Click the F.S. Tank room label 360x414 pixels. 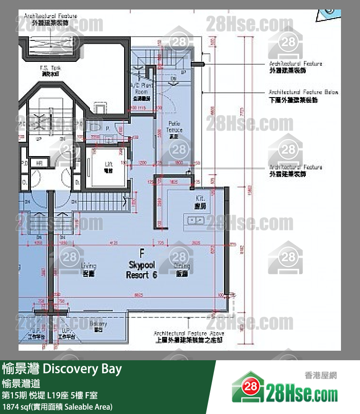coord(49,71)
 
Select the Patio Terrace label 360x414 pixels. coord(175,129)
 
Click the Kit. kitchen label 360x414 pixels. coord(200,201)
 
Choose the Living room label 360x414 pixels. coord(88,269)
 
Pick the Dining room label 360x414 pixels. coord(182,269)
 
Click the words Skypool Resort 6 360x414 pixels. coord(141,269)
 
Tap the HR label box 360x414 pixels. coord(40,163)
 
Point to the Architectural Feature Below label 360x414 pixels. coord(303,95)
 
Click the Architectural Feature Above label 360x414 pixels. coord(189,337)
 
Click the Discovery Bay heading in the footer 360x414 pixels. coord(62,369)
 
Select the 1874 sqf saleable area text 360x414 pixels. coord(57,407)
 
